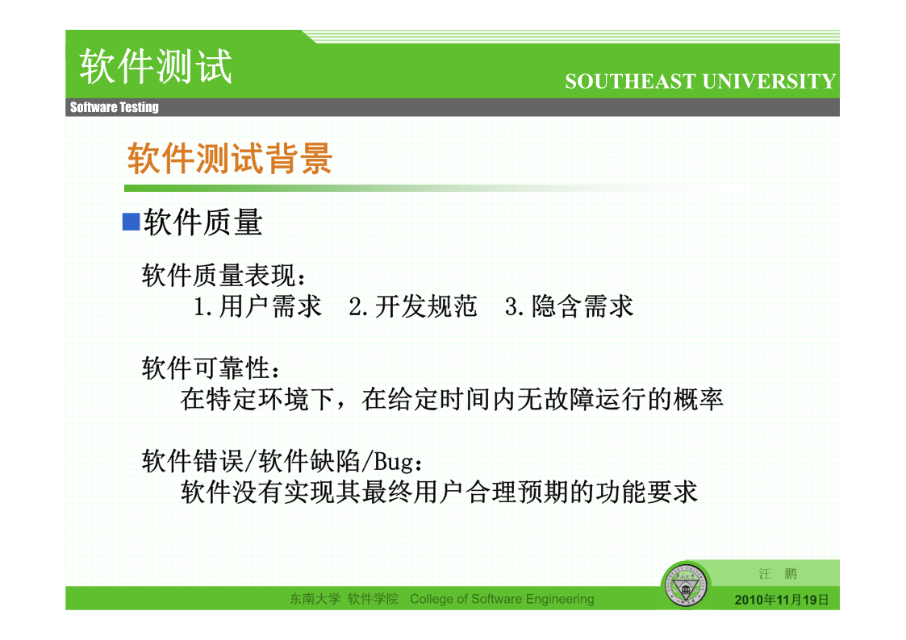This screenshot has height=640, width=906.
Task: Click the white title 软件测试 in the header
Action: pyautogui.click(x=156, y=66)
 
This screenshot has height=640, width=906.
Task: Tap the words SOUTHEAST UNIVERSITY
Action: pyautogui.click(x=700, y=81)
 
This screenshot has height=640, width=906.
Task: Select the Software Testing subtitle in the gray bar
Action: pyautogui.click(x=115, y=106)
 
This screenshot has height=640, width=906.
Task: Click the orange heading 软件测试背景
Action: pyautogui.click(x=230, y=158)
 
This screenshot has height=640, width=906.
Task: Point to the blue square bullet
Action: pyautogui.click(x=132, y=222)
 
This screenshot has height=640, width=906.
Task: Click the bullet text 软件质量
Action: pyautogui.click(x=203, y=222)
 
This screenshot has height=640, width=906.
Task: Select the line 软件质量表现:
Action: pyautogui.click(x=224, y=276)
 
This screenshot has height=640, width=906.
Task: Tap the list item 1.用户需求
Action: pyautogui.click(x=257, y=305)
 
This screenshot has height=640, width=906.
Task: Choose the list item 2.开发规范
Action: pyautogui.click(x=413, y=305)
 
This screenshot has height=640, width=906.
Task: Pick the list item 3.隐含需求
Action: pyautogui.click(x=569, y=305)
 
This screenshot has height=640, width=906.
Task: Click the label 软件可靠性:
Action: pyautogui.click(x=211, y=368)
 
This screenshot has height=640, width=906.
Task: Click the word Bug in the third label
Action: pyautogui.click(x=394, y=462)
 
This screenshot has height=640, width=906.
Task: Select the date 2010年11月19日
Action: pyautogui.click(x=781, y=601)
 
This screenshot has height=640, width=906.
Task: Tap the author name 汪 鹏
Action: pyautogui.click(x=778, y=574)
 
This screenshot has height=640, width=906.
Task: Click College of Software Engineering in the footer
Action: pyautogui.click(x=502, y=599)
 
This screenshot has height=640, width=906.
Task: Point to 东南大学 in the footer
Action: pyautogui.click(x=315, y=599)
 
